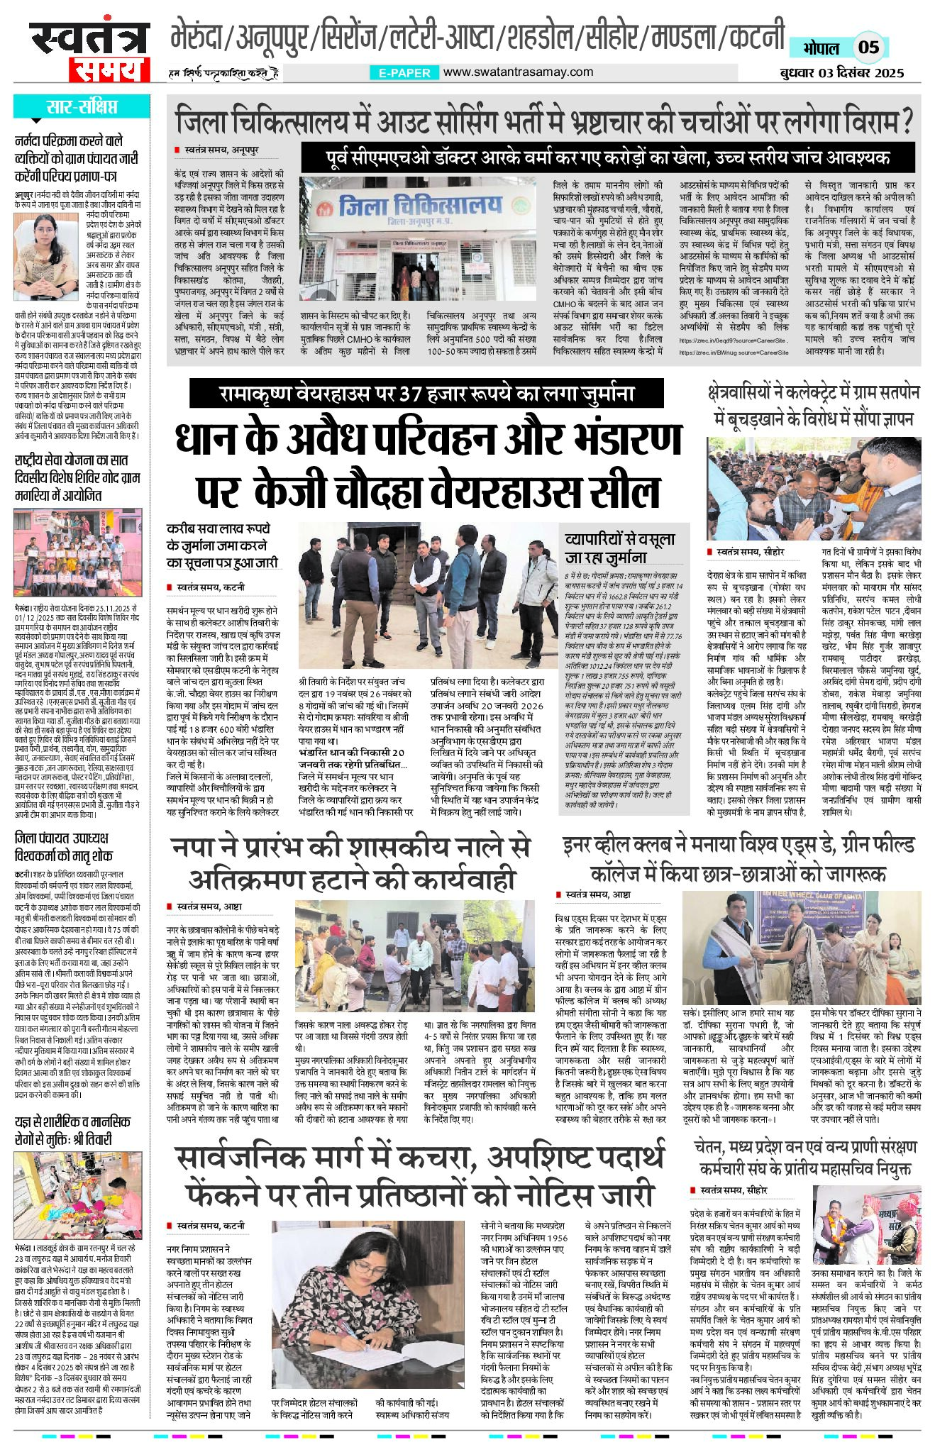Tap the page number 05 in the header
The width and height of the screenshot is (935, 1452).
(x=868, y=48)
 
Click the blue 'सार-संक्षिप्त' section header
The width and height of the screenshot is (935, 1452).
(x=82, y=108)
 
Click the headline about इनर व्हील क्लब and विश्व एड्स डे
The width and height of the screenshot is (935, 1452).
(x=738, y=857)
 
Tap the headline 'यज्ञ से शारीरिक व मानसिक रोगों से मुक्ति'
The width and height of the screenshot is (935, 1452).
(x=72, y=1131)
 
